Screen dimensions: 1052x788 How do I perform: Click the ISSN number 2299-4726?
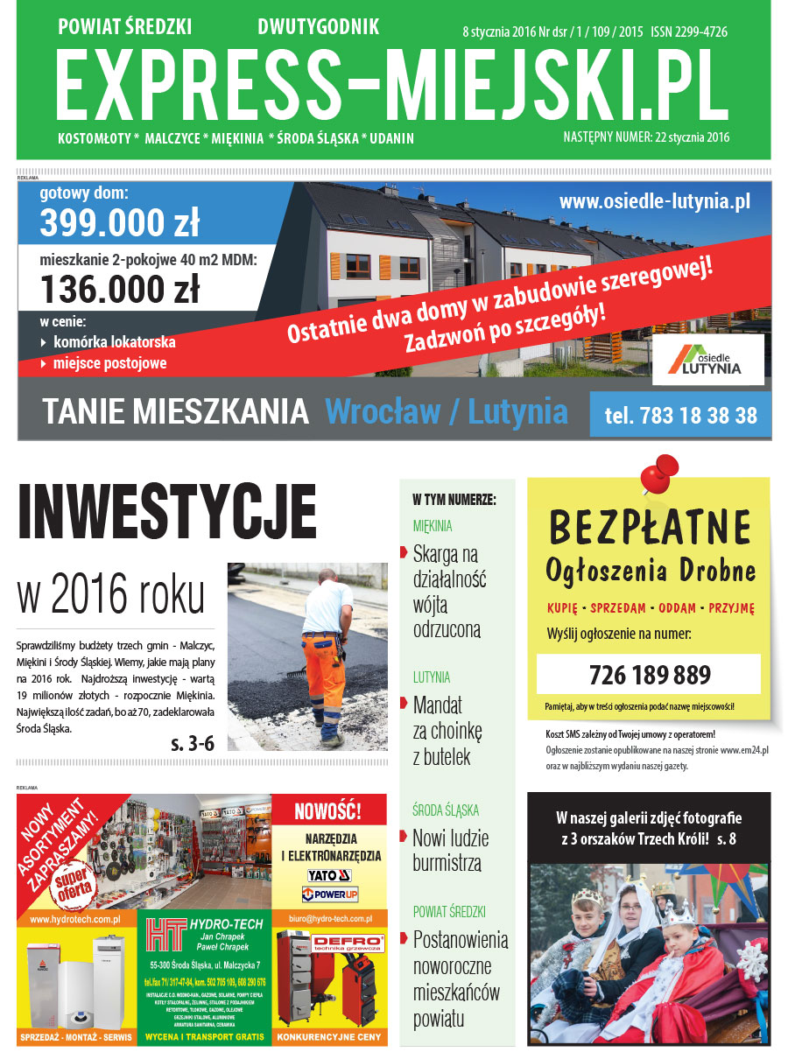[689, 32]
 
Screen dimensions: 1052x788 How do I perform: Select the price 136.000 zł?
[119, 287]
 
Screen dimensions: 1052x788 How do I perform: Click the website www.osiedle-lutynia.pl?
[655, 201]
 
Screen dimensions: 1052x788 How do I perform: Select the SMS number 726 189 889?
[649, 676]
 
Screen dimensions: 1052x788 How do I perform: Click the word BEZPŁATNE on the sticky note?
[650, 527]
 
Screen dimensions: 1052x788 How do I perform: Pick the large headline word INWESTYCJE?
[167, 515]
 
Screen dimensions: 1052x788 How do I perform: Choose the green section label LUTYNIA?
[432, 677]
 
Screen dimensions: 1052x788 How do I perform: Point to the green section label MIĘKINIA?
[433, 526]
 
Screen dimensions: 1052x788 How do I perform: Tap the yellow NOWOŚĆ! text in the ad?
[328, 809]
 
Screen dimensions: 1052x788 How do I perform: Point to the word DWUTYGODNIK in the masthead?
[318, 27]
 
